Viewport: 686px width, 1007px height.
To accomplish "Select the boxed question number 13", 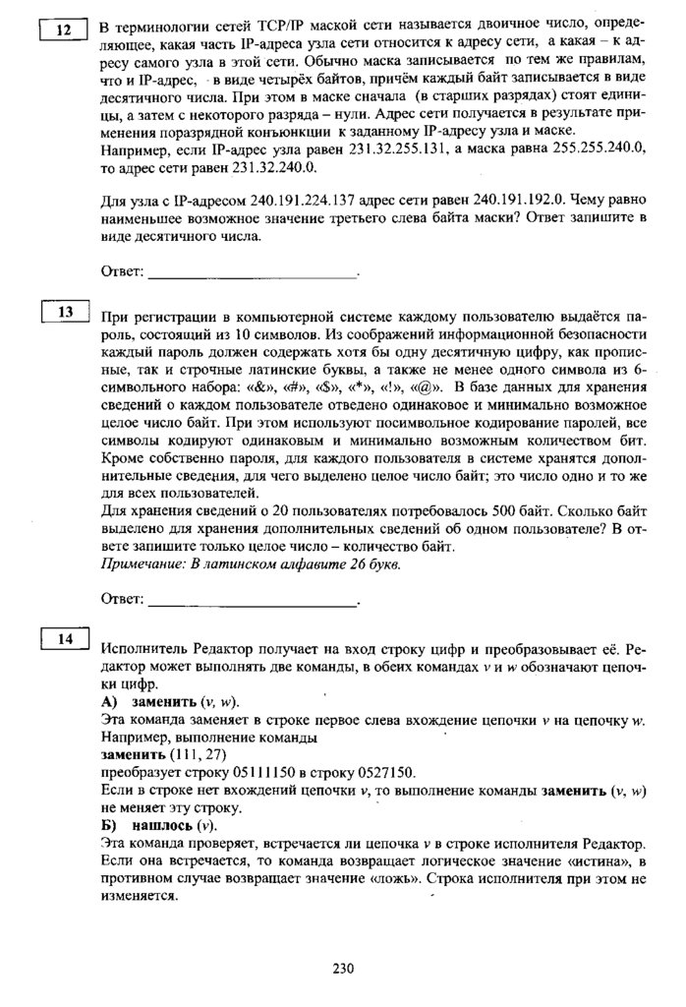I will (66, 314).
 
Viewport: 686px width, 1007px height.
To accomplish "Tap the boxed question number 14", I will (65, 640).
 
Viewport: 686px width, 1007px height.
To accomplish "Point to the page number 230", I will (342, 969).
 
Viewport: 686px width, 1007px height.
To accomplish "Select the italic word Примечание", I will (143, 564).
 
